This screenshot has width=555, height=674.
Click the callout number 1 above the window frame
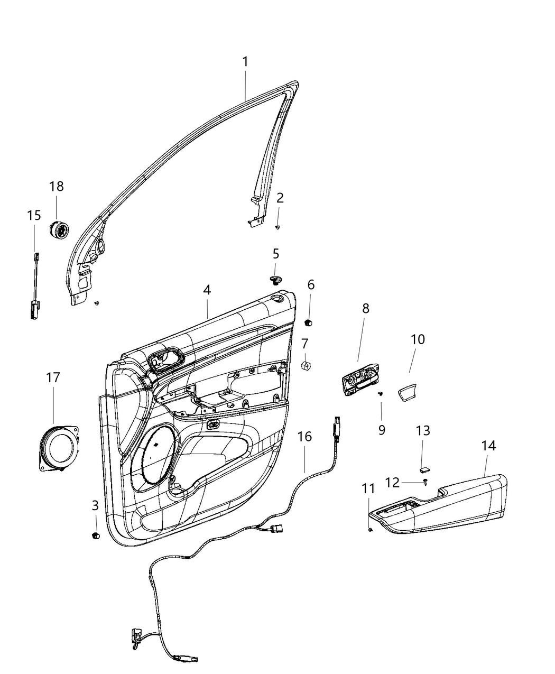click(x=245, y=62)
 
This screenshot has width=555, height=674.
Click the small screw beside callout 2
click(x=277, y=227)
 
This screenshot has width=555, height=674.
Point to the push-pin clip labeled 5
click(x=275, y=279)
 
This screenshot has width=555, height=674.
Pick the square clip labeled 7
click(x=306, y=365)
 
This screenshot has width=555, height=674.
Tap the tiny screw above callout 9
click(x=381, y=393)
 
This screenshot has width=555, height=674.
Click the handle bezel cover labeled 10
click(x=408, y=394)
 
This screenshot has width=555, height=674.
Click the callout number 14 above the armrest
click(x=488, y=446)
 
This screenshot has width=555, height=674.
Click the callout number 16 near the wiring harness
click(x=305, y=437)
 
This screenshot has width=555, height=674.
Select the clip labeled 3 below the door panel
click(x=95, y=535)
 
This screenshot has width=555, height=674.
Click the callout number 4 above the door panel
click(x=207, y=290)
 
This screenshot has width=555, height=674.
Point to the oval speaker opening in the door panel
click(x=157, y=456)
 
